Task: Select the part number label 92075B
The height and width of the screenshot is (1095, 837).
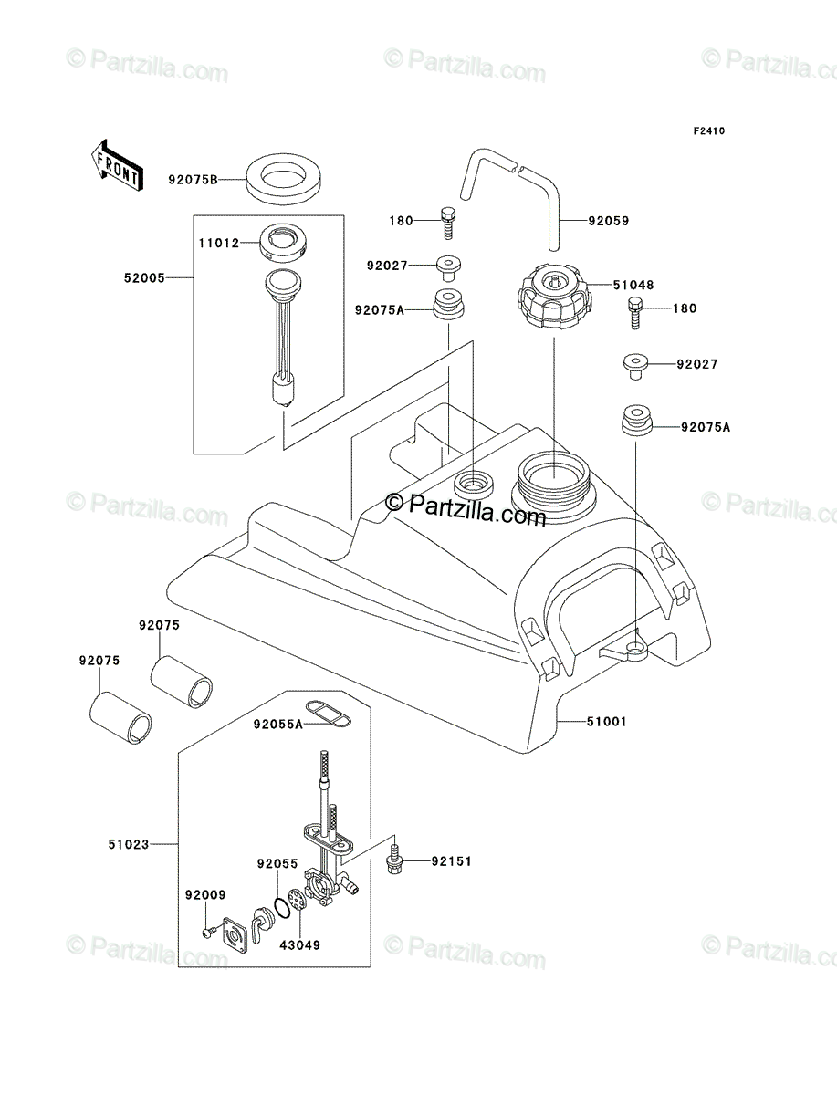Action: pyautogui.click(x=193, y=180)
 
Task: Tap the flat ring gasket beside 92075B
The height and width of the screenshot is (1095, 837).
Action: pyautogui.click(x=283, y=179)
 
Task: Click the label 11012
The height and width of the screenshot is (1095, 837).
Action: pyautogui.click(x=219, y=243)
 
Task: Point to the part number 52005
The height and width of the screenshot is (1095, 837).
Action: pyautogui.click(x=144, y=278)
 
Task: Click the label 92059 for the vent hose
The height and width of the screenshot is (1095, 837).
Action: pyautogui.click(x=609, y=221)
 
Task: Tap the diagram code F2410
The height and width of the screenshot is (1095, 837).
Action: pyautogui.click(x=709, y=131)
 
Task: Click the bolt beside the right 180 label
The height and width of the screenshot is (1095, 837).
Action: pyautogui.click(x=635, y=313)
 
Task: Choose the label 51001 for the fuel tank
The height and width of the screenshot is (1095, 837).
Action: pyautogui.click(x=607, y=722)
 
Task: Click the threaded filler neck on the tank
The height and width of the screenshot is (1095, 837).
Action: pyautogui.click(x=554, y=483)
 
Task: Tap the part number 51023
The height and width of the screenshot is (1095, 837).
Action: pyautogui.click(x=129, y=845)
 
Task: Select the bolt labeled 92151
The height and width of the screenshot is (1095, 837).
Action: pyautogui.click(x=394, y=860)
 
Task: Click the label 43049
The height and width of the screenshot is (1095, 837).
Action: pyautogui.click(x=299, y=944)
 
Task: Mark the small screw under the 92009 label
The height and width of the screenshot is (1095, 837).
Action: pyautogui.click(x=211, y=931)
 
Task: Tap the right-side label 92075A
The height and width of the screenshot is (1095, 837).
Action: pyautogui.click(x=706, y=427)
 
